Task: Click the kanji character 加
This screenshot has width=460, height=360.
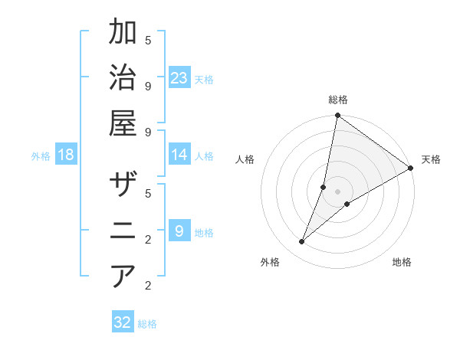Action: [123, 32]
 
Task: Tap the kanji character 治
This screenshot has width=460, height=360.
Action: [123, 78]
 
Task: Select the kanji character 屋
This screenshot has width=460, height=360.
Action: [123, 123]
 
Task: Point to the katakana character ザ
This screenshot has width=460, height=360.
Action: [123, 185]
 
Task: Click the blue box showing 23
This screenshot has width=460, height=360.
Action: [179, 77]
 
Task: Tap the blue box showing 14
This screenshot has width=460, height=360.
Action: [179, 155]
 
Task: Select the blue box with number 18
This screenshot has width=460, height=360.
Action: [66, 155]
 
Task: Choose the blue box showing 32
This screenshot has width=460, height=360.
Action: [123, 322]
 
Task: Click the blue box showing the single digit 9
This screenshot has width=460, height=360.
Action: [179, 231]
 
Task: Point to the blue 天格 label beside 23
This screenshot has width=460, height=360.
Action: [204, 79]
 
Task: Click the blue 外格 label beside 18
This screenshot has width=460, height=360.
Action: [41, 155]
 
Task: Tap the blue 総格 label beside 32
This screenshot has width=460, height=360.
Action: [147, 323]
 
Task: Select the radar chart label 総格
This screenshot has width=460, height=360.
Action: [337, 100]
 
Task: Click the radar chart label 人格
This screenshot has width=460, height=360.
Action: [245, 159]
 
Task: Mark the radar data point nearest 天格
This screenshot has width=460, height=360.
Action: [411, 168]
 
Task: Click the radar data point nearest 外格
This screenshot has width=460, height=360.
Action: [302, 242]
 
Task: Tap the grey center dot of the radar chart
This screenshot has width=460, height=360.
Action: [337, 191]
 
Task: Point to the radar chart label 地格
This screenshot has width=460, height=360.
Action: [402, 262]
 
